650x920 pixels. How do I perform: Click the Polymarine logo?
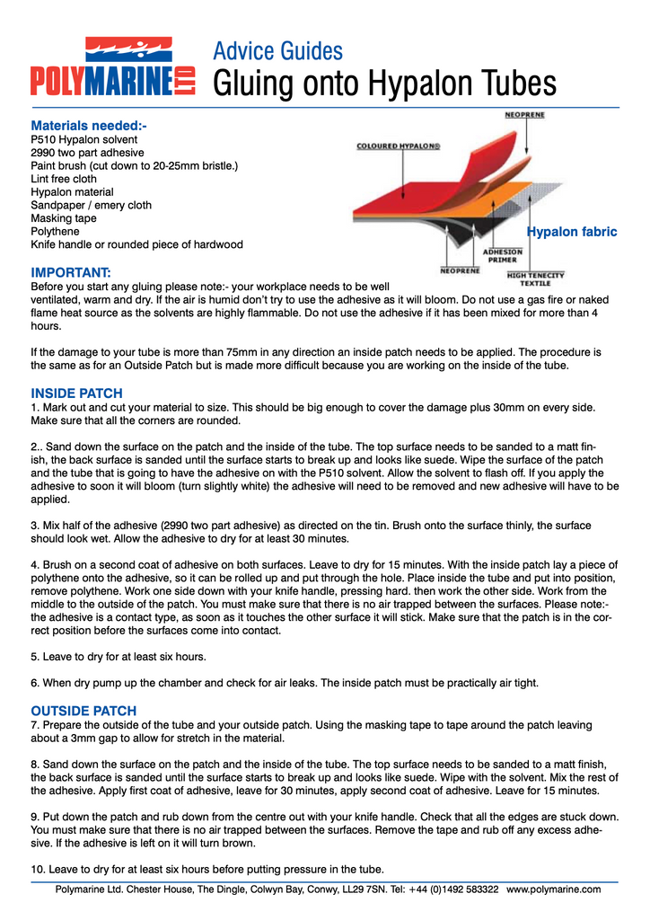113,67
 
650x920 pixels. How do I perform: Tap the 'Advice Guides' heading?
277,50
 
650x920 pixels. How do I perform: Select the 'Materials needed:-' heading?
88,126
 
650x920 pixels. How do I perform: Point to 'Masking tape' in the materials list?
63,218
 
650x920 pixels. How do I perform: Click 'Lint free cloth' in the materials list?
64,179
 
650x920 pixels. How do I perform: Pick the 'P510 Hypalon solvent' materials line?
84,140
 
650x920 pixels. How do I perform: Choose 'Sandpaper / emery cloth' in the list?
91,205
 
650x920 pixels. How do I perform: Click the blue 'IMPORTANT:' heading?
71,272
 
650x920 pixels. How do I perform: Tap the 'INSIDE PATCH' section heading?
76,394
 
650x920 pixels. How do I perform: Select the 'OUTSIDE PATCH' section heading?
83,711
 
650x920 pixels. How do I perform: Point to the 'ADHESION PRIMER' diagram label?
503,256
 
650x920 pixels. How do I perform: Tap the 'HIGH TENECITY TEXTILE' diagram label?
536,279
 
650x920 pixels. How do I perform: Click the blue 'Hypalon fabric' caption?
572,232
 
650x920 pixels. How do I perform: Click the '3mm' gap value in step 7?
91,739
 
